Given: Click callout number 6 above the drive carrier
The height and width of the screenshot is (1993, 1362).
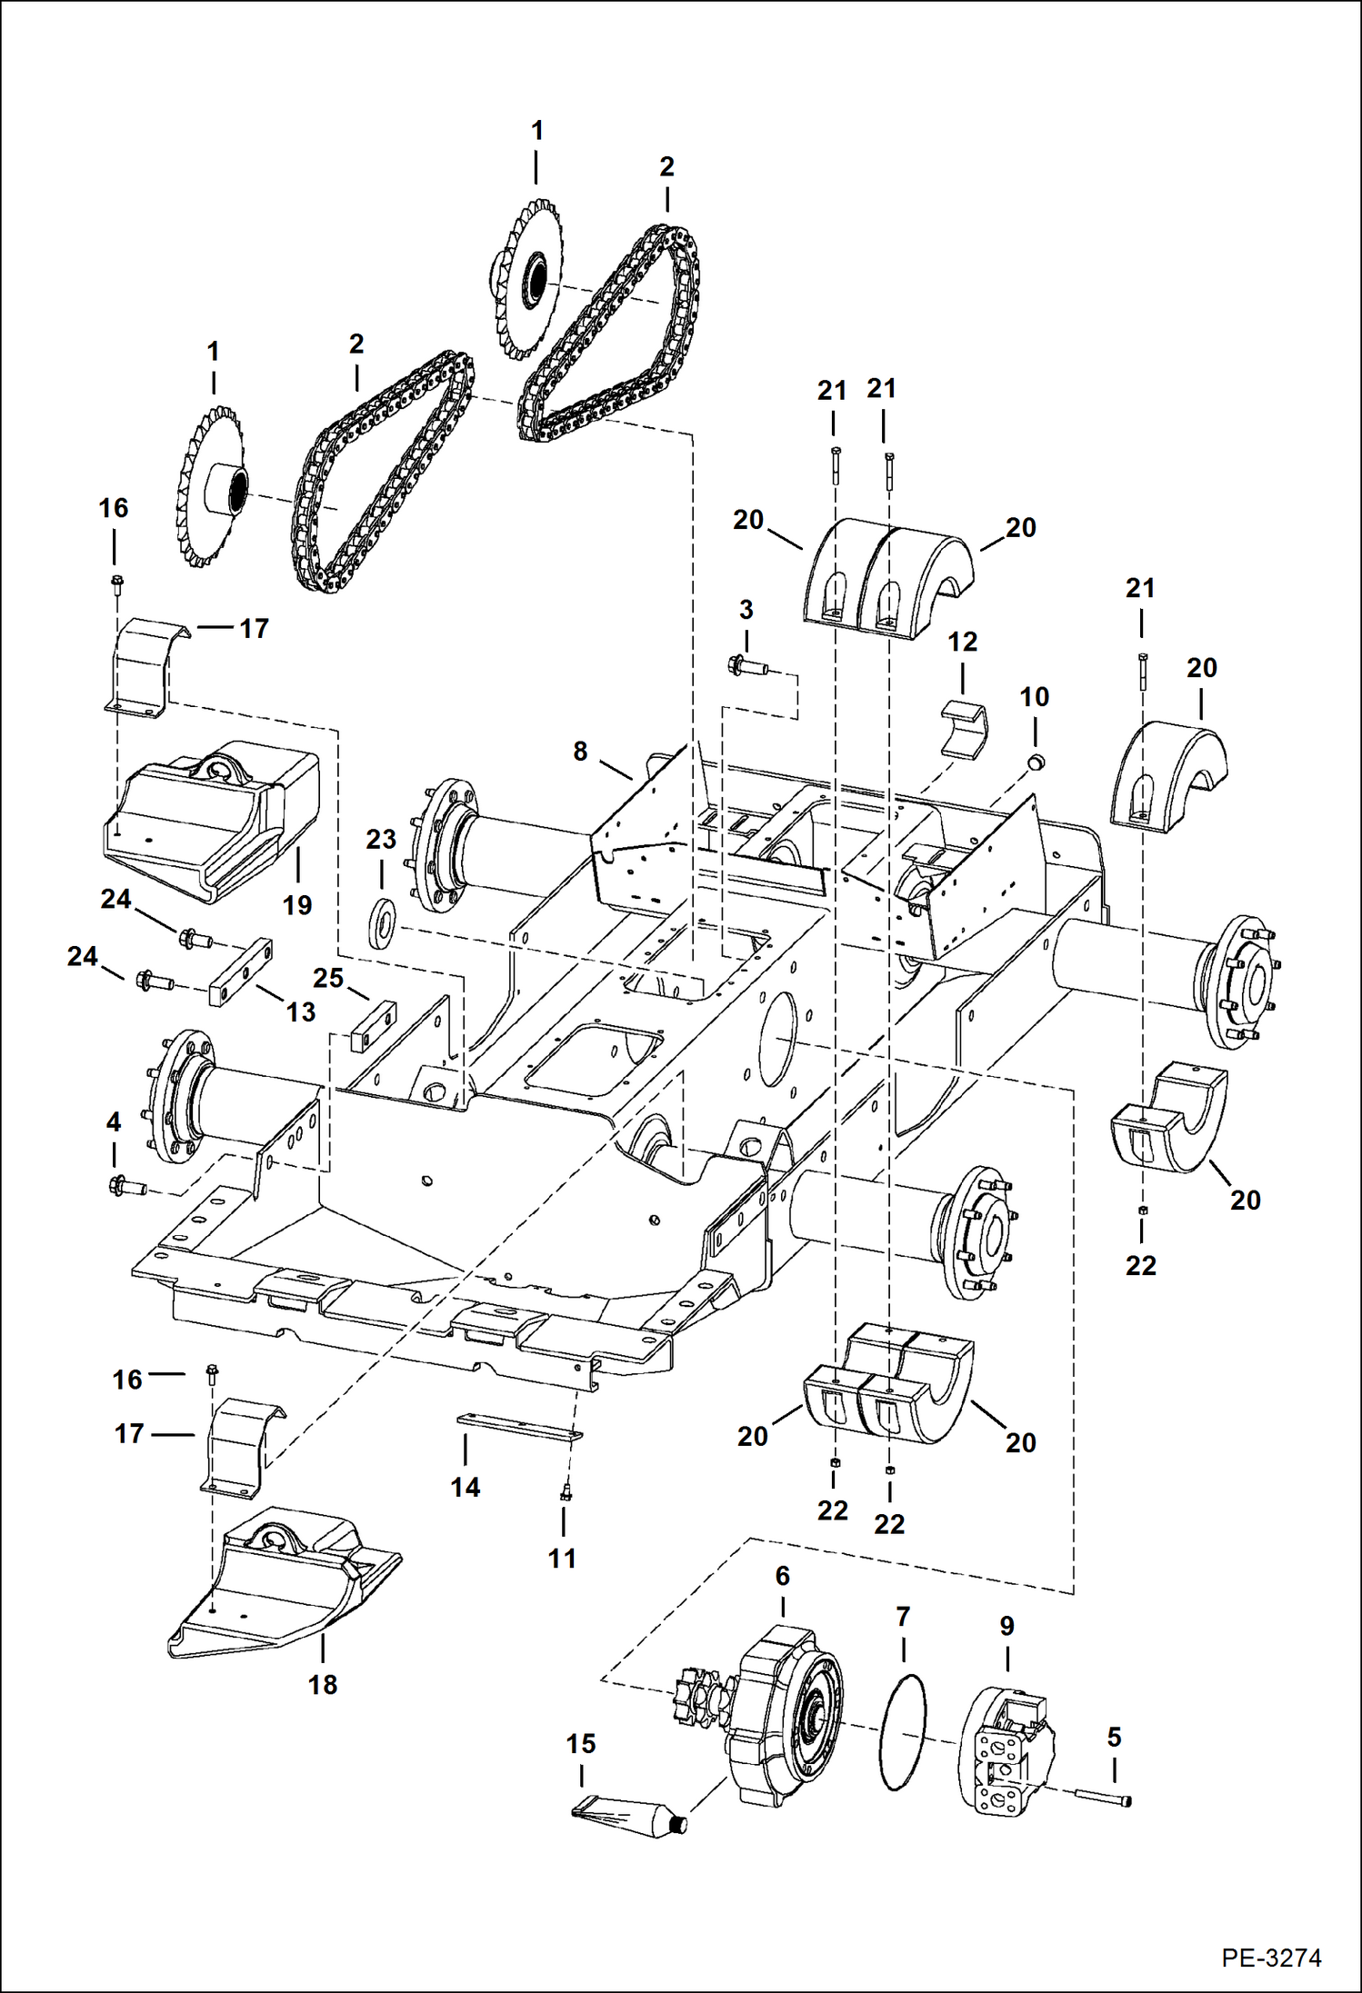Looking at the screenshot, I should pyautogui.click(x=783, y=1577).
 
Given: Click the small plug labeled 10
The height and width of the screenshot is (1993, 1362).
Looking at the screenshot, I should pyautogui.click(x=1036, y=760).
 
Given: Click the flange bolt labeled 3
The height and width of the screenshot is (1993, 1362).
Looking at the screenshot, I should pyautogui.click(x=747, y=668).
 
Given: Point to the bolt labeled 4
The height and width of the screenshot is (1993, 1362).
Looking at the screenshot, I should pyautogui.click(x=126, y=1186).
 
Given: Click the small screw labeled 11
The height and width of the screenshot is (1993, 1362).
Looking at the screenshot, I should pyautogui.click(x=564, y=1492).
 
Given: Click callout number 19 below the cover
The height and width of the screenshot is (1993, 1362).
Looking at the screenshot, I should pyautogui.click(x=297, y=905).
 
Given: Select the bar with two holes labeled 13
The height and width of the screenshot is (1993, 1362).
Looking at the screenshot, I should pyautogui.click(x=240, y=973).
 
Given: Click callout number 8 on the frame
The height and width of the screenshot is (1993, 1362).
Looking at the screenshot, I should pyautogui.click(x=580, y=752).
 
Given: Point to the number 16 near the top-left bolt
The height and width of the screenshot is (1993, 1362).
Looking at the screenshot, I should pyautogui.click(x=114, y=508).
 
